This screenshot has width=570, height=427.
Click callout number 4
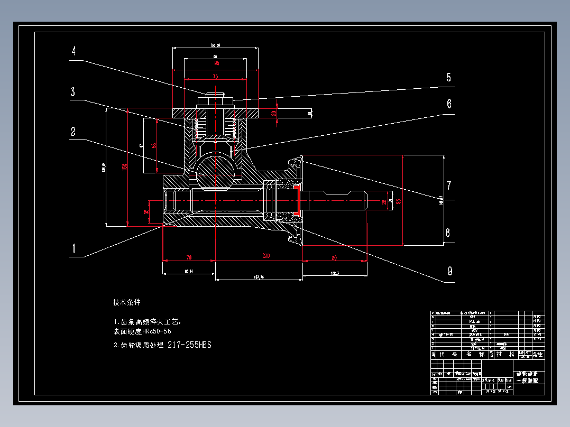coord(74,51)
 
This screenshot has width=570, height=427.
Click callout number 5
coord(448,78)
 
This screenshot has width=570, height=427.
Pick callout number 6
coord(449,104)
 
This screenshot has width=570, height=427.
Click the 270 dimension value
coord(265,256)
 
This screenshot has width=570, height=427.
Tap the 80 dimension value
coord(334,258)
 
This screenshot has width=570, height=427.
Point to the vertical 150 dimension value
coord(124,166)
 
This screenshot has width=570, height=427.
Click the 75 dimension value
coord(215,76)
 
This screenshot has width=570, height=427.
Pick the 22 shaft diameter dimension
coord(384,201)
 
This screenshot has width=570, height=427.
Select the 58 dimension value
coord(154,145)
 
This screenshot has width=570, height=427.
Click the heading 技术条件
coord(127,303)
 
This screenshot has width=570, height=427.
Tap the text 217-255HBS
coord(189,345)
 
